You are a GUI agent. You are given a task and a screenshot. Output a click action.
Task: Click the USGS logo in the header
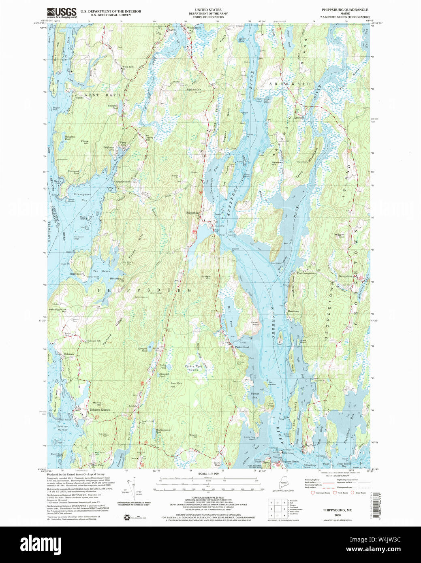61,13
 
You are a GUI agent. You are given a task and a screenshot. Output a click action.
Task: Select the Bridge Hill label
206,277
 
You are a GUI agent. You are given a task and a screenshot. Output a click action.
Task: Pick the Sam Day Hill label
176,385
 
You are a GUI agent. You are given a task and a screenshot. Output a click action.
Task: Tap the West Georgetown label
307,273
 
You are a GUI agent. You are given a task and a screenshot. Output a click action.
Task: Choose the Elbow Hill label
85,142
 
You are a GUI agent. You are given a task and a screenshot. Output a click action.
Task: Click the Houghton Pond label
71,138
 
